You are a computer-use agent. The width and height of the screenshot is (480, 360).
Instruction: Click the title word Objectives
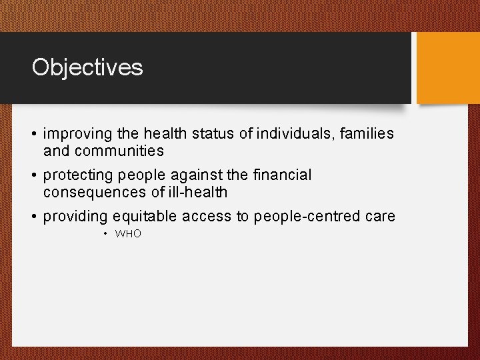(x=87, y=67)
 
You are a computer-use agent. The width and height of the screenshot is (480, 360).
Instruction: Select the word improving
(x=73, y=134)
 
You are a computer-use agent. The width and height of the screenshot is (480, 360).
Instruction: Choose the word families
(x=367, y=134)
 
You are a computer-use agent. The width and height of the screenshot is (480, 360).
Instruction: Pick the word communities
(x=119, y=151)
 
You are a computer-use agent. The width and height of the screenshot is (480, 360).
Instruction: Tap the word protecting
(x=78, y=175)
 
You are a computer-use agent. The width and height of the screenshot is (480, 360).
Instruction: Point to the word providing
(x=75, y=217)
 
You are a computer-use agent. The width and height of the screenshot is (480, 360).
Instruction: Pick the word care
(x=380, y=217)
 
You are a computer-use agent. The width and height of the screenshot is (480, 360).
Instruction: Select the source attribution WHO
(x=128, y=234)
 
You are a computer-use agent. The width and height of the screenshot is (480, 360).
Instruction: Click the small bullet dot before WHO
(x=106, y=234)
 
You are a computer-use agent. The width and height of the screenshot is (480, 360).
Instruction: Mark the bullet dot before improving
(x=35, y=134)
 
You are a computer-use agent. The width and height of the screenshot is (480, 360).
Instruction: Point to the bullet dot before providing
(x=35, y=217)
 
